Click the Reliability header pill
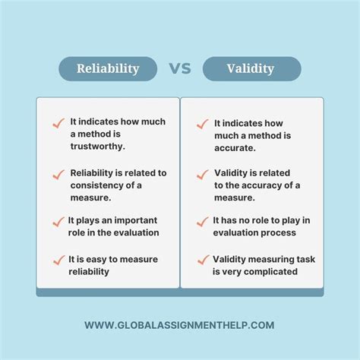pos(108,68)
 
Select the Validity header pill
pos(251,68)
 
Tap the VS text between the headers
pos(180,68)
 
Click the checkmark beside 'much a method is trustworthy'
pos(57,123)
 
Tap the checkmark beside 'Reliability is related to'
pos(57,174)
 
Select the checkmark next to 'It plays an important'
pos(57,222)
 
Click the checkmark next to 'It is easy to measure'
pos(57,260)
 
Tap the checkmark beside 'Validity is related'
pos(202,174)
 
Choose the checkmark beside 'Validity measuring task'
pos(202,260)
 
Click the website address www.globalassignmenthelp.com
pos(180,325)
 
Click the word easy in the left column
pos(96,259)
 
